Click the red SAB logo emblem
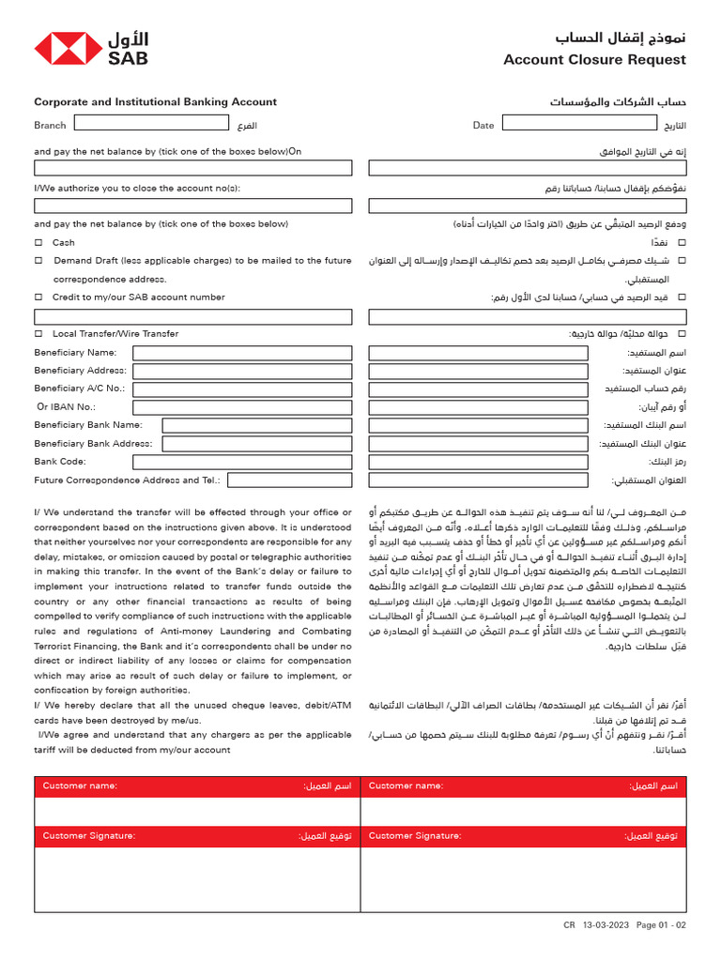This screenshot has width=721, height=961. coord(68,48)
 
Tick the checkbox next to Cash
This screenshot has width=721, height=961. coord(38,243)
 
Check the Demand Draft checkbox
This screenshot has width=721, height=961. coord(38,261)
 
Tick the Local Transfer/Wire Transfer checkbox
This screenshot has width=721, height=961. coord(38,334)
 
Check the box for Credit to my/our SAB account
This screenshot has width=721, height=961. coord(38,297)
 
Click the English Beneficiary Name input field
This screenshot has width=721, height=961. coord(242,353)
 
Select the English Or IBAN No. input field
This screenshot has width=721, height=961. coord(242,407)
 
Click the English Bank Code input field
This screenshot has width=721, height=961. coord(242,462)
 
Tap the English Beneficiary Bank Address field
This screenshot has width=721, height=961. coord(257,444)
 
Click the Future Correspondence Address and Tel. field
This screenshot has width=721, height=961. coord(289,480)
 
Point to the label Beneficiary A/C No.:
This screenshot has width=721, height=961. coord(80,389)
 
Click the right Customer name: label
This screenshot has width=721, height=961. coord(406,786)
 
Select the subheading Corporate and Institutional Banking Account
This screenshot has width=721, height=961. coord(156,102)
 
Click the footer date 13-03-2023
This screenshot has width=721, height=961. coord(606,924)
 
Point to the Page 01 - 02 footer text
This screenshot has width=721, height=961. coord(661,924)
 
